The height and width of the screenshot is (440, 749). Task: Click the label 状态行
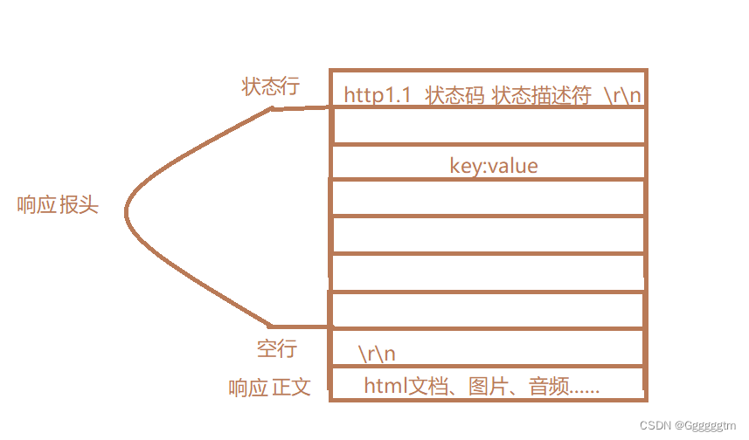270,86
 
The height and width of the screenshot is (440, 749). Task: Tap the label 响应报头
59,206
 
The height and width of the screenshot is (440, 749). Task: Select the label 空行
277,349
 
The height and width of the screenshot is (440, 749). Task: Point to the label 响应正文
269,387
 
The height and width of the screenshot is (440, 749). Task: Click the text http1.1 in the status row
377,95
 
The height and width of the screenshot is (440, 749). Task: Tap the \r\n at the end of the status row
623,96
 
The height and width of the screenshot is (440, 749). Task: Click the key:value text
493,165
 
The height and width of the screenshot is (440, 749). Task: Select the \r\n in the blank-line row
377,354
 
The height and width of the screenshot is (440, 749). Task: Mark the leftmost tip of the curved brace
127,210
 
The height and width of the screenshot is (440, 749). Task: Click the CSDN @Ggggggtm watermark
690,425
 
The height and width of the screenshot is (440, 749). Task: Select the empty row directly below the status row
489,127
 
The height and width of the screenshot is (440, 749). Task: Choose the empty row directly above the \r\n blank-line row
489,310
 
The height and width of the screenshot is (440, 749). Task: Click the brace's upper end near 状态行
273,109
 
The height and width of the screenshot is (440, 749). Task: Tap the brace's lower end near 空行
273,326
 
